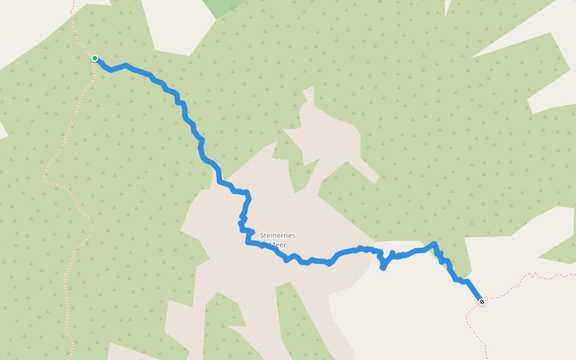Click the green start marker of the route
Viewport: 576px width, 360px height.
(95, 58)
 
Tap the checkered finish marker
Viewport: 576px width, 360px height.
(481, 301)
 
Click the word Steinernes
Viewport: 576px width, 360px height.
(278, 235)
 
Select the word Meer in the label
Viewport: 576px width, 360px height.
(277, 244)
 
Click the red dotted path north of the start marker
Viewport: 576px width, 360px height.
(76, 24)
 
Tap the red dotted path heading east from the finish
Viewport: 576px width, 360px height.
(528, 276)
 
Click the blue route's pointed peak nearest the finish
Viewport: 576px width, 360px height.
(433, 243)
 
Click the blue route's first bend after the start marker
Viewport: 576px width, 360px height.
(110, 70)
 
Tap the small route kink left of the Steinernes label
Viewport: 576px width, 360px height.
(243, 216)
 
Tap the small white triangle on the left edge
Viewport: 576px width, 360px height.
(2, 129)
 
